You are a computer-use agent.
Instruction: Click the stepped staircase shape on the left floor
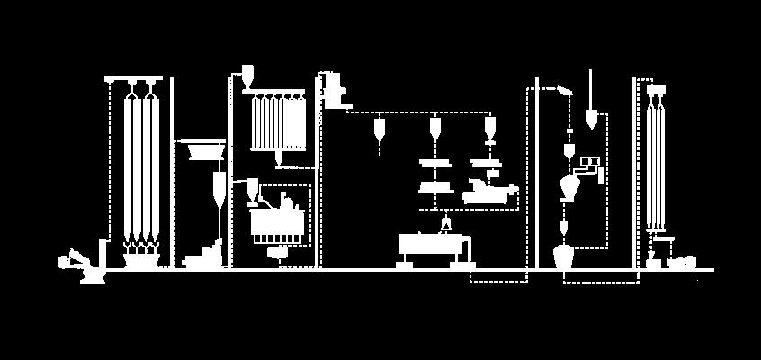205,256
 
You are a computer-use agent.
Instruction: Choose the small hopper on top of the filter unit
247,76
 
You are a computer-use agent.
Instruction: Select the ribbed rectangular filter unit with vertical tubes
279,122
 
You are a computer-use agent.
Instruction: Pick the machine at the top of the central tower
333,90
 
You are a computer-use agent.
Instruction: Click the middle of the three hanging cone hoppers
435,130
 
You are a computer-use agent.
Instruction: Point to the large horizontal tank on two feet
432,246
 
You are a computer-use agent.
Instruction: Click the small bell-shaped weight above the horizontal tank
444,222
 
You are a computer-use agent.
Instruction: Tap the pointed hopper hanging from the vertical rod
591,117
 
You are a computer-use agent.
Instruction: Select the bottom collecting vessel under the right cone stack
564,255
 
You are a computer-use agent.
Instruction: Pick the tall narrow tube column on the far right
656,162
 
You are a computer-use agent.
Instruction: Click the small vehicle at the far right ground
681,262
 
